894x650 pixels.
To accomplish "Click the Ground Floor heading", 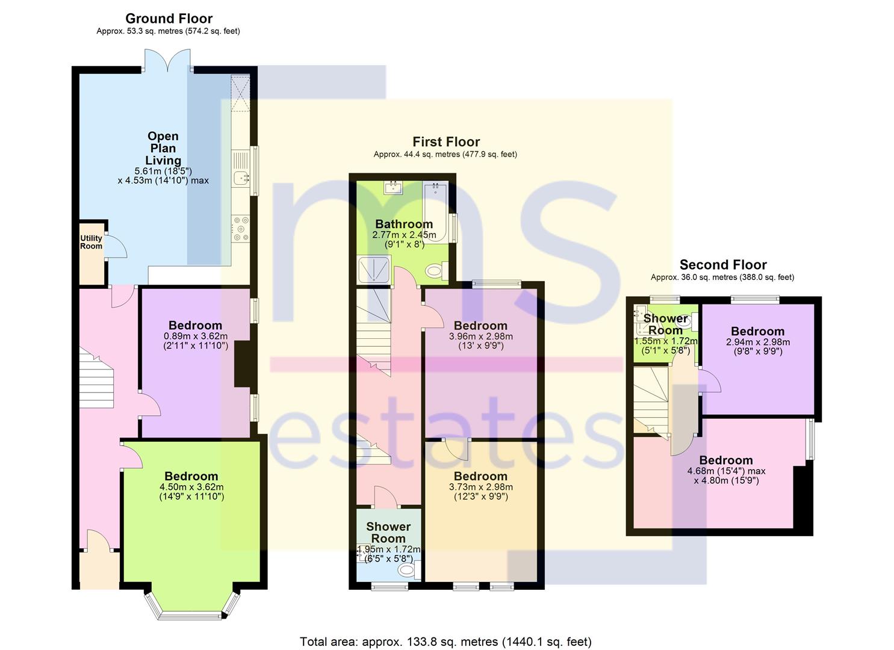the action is coord(169,19).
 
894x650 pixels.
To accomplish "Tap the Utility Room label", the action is coord(91,242).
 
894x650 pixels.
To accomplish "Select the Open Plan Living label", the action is coord(163,148).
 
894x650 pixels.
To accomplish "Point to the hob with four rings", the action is coord(241,229).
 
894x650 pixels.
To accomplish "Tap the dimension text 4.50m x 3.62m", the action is coord(191,487).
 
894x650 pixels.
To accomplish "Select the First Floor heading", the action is coord(446,142).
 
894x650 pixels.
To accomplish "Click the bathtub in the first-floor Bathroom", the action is coord(435,212).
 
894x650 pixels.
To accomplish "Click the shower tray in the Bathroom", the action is coord(374,270).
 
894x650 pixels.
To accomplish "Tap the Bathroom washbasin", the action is coord(394,188).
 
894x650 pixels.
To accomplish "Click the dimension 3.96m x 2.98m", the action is coord(481,336).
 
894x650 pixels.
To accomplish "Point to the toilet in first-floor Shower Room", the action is coord(409,570).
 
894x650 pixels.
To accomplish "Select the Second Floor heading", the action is coord(723,265).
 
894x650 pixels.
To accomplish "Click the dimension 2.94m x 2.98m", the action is coord(758,342).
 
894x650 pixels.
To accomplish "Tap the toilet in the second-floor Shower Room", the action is coord(689,323).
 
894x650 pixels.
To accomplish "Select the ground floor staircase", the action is coord(96,377).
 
